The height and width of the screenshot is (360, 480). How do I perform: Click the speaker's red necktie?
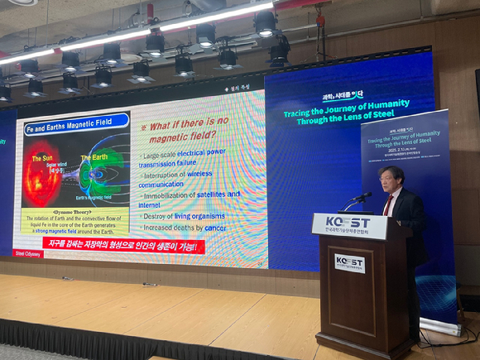click(x=388, y=205)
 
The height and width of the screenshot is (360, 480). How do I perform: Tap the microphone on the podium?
click(x=362, y=197)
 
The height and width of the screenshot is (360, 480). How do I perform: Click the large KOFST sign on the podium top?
click(x=349, y=225)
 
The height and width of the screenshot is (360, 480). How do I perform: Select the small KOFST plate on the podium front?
click(x=349, y=263)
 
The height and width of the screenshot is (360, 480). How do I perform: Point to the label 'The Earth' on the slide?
click(x=93, y=157)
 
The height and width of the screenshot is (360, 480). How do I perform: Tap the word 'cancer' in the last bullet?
click(x=215, y=228)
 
